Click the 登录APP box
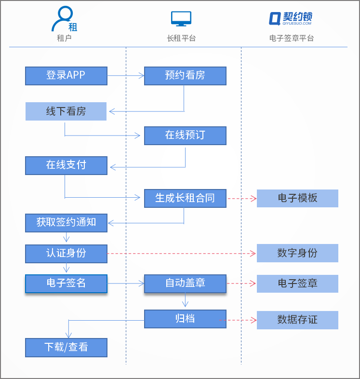(66, 76)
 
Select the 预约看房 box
(185, 76)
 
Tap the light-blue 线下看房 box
(66, 111)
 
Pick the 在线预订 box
(185, 135)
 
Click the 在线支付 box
(66, 165)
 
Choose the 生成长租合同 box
(185, 198)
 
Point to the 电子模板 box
(297, 198)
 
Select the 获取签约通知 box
(66, 223)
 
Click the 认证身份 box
(66, 253)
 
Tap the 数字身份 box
(297, 253)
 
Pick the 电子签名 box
(66, 284)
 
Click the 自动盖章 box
(185, 284)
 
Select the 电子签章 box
(297, 284)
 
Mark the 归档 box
(185, 319)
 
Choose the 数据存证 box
(297, 320)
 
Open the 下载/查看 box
(66, 347)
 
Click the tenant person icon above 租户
(64, 19)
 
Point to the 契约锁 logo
(291, 18)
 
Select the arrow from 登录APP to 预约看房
(125, 76)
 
